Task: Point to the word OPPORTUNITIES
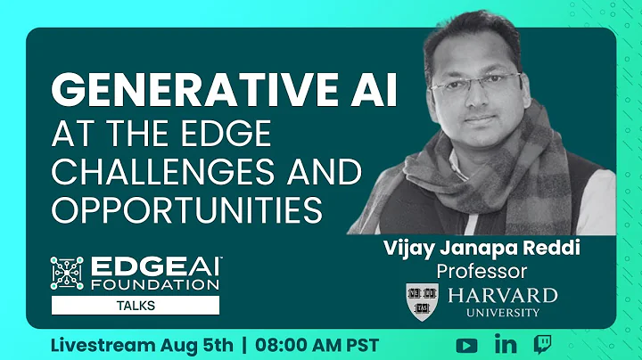pyautogui.click(x=186, y=210)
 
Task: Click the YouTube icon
pyautogui.click(x=466, y=344)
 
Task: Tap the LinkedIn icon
pyautogui.click(x=504, y=344)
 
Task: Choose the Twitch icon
pyautogui.click(x=542, y=344)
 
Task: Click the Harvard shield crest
pyautogui.click(x=422, y=300)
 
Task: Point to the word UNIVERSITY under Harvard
pyautogui.click(x=502, y=313)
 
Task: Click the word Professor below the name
pyautogui.click(x=481, y=270)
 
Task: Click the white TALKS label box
pyautogui.click(x=135, y=305)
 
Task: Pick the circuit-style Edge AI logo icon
pyautogui.click(x=67, y=274)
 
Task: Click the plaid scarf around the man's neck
pyautogui.click(x=499, y=178)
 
